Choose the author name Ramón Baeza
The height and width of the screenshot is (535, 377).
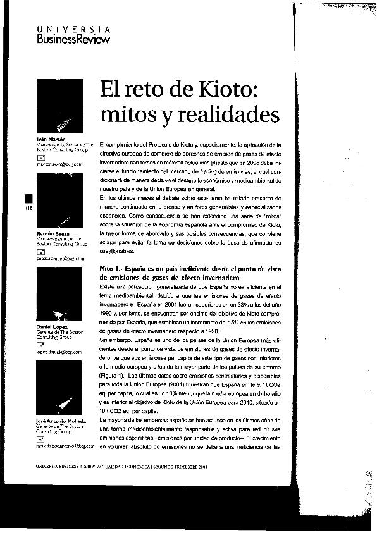tap(50, 234)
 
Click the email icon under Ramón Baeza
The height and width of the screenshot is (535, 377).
tap(42, 251)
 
